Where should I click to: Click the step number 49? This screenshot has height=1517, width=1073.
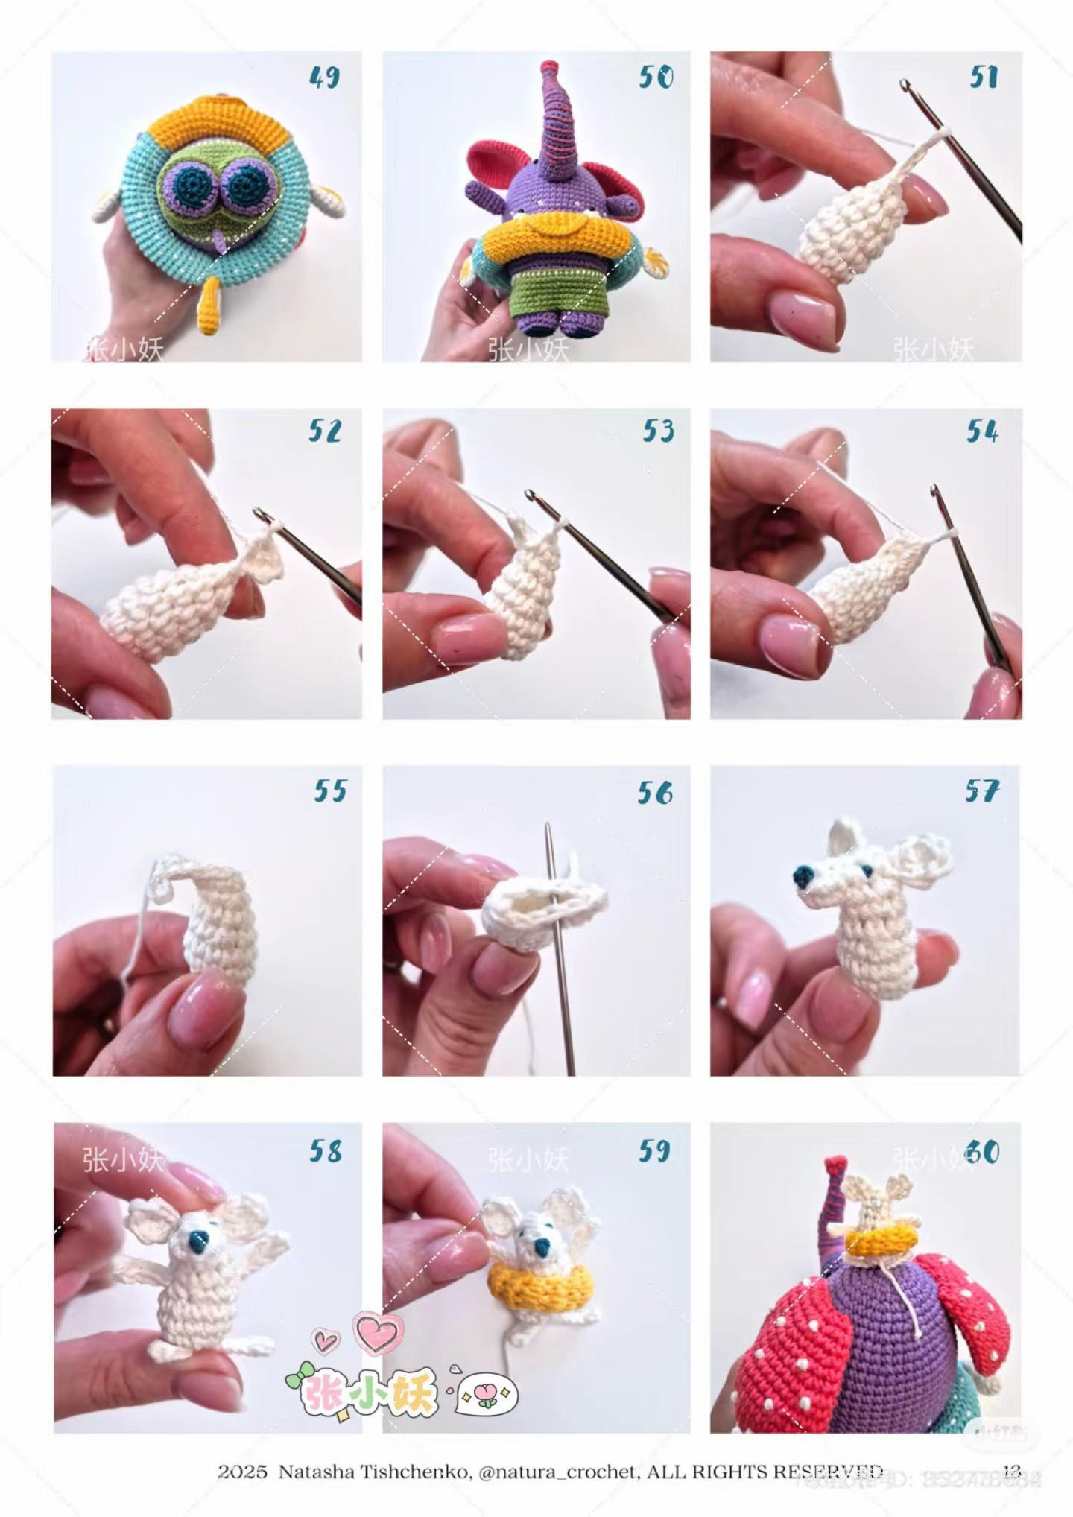tap(324, 77)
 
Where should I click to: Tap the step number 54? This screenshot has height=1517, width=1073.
tap(981, 431)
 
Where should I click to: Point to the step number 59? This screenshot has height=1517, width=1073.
tap(653, 1151)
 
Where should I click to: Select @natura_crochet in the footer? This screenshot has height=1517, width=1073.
tap(557, 1472)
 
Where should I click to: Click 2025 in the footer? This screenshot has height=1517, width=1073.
tap(242, 1472)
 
